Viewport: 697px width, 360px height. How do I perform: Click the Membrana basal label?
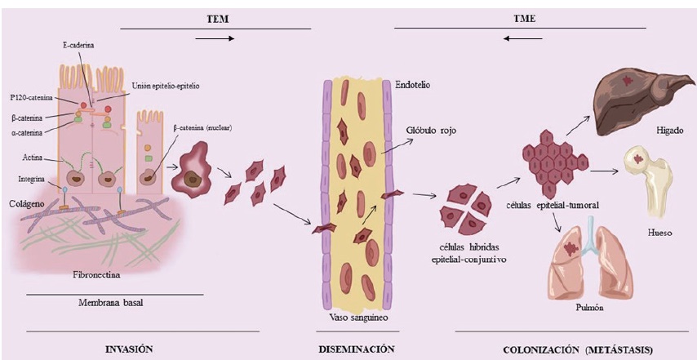pos(114,300)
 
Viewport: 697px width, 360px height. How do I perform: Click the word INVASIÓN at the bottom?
pos(130,349)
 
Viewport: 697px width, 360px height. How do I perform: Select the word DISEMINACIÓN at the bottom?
pos(357,349)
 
